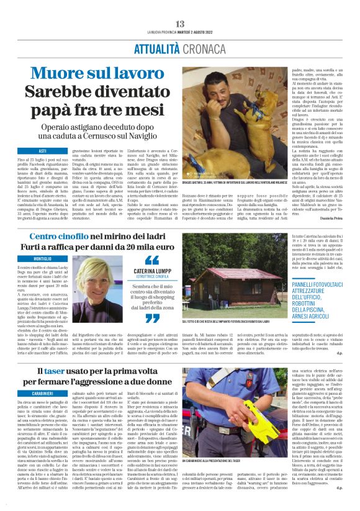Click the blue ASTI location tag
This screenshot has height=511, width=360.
tap(43, 151)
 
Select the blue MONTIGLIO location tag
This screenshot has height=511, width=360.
tap(43, 258)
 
